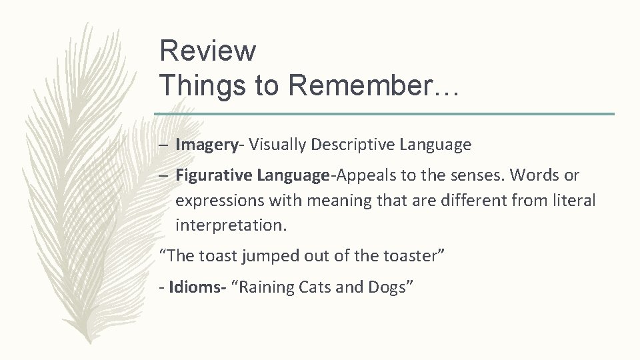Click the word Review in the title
(207, 51)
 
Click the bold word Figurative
(212, 176)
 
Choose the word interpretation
(231, 226)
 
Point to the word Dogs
(391, 287)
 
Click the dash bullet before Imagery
(164, 144)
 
